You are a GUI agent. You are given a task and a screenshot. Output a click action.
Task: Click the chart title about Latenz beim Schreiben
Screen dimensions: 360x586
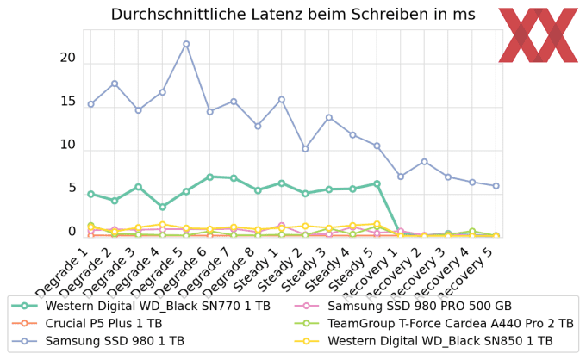pos(293,15)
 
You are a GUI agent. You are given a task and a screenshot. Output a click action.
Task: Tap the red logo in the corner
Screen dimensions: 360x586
pos(539,35)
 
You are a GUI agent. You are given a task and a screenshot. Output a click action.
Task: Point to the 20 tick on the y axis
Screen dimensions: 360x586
pos(68,58)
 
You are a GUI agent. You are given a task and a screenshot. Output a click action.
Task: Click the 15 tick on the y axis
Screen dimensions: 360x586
pos(68,102)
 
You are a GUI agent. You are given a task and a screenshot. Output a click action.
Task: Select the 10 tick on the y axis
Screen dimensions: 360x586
pos(68,145)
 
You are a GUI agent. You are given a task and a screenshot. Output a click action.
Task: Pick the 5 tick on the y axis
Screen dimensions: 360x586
pos(72,188)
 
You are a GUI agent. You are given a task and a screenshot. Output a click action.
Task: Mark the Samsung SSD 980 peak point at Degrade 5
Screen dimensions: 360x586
pos(186,44)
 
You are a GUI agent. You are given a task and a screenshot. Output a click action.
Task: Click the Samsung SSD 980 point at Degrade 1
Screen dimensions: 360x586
pos(90,104)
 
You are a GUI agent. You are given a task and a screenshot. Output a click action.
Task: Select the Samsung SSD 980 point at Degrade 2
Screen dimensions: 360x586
pos(115,84)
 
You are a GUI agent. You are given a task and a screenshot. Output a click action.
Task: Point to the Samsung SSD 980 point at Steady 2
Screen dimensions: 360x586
pos(305,149)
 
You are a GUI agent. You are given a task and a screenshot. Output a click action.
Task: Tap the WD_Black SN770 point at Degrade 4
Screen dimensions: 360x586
pos(162,207)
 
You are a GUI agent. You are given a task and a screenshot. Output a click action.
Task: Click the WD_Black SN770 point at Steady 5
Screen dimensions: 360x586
pos(377,183)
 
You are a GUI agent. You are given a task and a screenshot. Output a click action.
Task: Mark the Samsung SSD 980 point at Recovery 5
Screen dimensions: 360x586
pos(496,186)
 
